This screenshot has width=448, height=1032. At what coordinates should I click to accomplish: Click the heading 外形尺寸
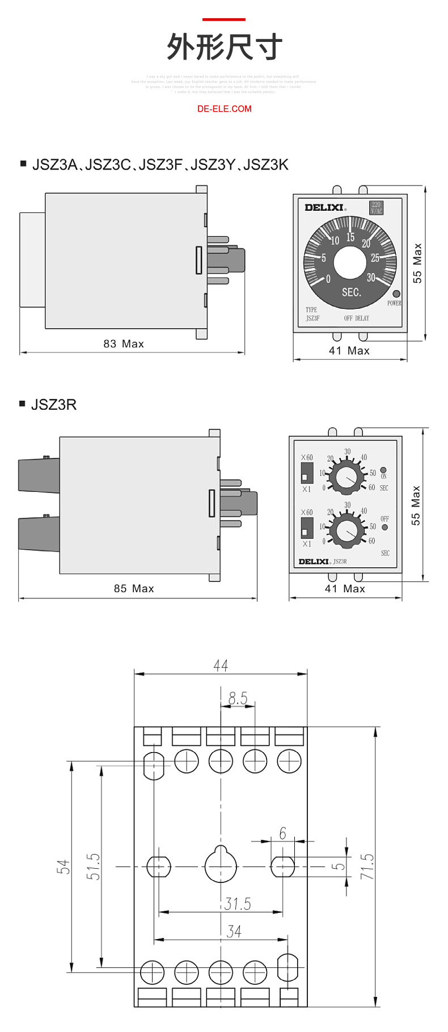click(x=224, y=47)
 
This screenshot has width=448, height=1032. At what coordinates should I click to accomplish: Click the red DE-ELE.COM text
click(x=224, y=109)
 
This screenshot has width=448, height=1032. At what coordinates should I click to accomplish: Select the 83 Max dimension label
click(x=124, y=344)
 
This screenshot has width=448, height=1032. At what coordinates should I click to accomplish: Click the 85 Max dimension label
click(x=134, y=589)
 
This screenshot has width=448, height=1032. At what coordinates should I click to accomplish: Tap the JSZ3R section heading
click(x=54, y=405)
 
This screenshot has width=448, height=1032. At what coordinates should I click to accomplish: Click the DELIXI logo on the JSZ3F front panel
click(x=324, y=207)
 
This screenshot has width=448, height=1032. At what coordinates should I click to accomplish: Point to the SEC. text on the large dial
click(x=351, y=292)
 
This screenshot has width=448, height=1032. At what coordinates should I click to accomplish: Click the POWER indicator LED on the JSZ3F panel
click(x=396, y=294)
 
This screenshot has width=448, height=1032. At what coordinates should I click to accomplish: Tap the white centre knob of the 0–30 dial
click(x=350, y=262)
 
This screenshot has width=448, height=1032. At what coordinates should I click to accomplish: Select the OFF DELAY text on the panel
click(x=356, y=318)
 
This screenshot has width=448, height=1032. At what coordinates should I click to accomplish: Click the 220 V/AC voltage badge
click(x=377, y=207)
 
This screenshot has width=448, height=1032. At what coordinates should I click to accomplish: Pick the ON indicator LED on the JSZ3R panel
click(x=383, y=470)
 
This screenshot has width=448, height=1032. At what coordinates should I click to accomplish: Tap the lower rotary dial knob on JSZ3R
click(x=347, y=531)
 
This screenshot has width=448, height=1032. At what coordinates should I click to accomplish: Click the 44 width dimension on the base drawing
click(x=221, y=665)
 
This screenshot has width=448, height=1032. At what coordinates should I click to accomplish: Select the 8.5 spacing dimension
click(x=238, y=698)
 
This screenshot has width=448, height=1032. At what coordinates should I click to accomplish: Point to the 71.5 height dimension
click(x=367, y=866)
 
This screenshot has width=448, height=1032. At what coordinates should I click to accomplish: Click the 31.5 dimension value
click(x=237, y=903)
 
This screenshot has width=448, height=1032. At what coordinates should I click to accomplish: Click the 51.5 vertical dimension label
click(x=94, y=866)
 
